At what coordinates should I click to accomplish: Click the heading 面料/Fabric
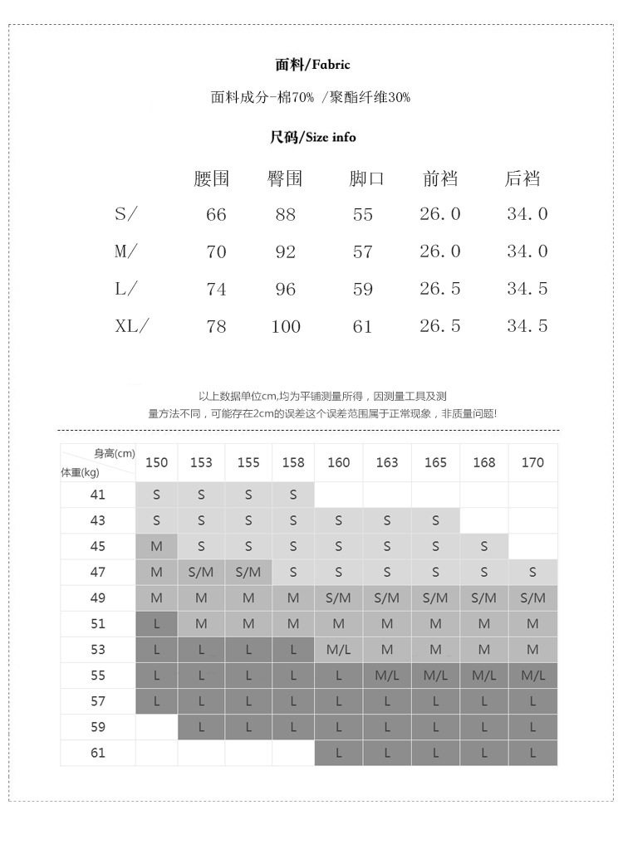pos(312,64)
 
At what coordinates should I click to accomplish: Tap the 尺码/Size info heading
pos(312,137)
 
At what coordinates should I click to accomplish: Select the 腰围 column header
pos(211,178)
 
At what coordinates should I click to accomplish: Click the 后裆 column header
pos(522,178)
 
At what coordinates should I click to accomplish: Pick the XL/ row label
pos(130,326)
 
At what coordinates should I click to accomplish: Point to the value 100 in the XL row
pos(286,327)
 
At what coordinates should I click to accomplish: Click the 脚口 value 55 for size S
pos(363,214)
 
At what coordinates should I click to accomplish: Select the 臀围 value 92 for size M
pos(285,251)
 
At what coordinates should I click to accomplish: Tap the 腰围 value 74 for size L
pos(216,290)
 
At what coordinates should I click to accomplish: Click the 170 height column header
pos(532,462)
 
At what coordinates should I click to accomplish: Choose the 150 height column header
pos(156,462)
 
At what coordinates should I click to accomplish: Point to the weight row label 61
pos(98,753)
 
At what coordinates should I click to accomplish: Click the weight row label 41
pos(98,495)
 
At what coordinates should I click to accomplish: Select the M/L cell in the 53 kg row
pos(339,650)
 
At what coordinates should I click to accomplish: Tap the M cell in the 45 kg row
pos(156,547)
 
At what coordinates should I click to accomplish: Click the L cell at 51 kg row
pos(156,624)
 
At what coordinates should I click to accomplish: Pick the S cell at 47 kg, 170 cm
pos(532,573)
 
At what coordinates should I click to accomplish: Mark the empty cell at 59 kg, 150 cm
pos(156,727)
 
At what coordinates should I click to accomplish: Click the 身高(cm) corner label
pos(115,453)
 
